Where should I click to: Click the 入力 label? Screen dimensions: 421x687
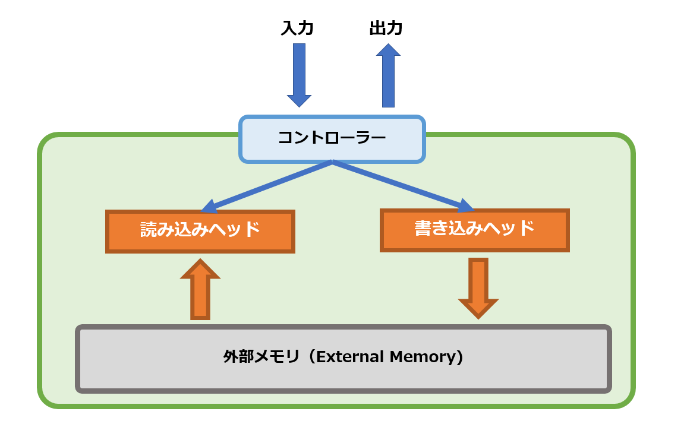point(297,29)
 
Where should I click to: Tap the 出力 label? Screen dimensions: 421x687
point(386,29)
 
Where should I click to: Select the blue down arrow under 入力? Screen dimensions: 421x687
point(299,74)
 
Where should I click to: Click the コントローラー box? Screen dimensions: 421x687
point(332,139)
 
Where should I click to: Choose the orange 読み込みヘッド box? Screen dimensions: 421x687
point(200,231)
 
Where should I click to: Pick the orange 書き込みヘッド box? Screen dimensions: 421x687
point(474,230)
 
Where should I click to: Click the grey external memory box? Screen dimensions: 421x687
point(343,358)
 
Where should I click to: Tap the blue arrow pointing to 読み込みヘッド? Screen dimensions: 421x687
point(267,186)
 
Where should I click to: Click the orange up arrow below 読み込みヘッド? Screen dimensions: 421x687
point(200,290)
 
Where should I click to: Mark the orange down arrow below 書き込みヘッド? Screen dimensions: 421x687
point(478,288)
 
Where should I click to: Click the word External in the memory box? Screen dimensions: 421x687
point(349,357)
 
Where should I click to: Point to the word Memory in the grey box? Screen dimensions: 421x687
point(423,357)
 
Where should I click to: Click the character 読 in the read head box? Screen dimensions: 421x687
point(149,230)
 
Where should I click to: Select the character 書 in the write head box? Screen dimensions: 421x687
point(423,229)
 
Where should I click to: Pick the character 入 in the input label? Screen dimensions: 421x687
point(289,29)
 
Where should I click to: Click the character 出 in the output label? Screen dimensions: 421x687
point(378,29)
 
